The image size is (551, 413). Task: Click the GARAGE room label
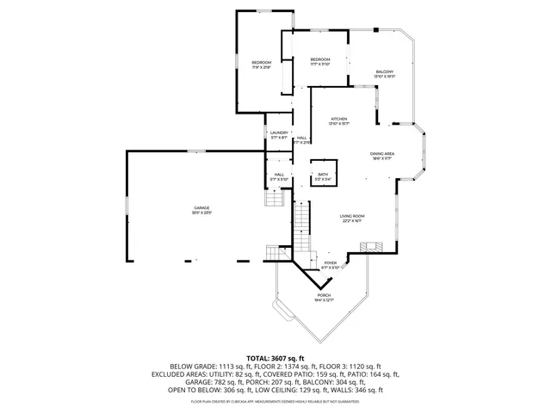click(202, 207)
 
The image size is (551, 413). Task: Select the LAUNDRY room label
click(278, 132)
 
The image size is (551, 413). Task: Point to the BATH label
click(323, 174)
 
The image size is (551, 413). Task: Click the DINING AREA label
click(382, 152)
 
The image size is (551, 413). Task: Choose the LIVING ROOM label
click(351, 216)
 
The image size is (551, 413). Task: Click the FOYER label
click(330, 263)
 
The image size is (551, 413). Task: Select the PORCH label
click(323, 294)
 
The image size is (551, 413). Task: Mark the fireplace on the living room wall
click(369, 246)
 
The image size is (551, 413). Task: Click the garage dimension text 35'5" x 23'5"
click(202, 213)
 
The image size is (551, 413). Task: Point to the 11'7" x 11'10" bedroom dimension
click(320, 65)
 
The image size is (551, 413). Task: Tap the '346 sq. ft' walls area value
click(368, 390)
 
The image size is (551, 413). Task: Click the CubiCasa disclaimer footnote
click(275, 402)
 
